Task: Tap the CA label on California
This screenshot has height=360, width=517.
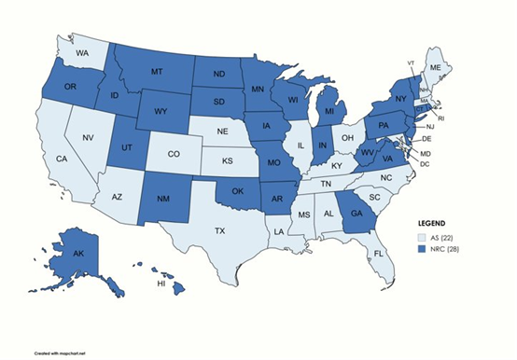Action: [x=63, y=159]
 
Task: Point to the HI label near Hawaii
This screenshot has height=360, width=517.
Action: [x=161, y=284]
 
